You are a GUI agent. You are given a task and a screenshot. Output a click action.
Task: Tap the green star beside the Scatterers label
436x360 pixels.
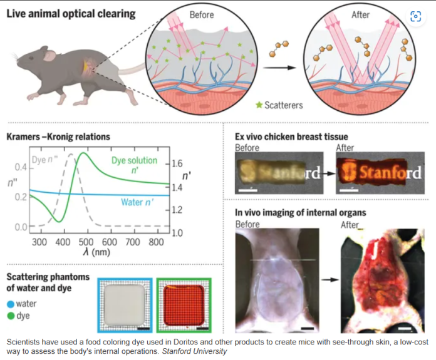click(x=259, y=105)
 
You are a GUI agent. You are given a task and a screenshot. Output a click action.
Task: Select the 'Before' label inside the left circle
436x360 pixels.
click(x=202, y=15)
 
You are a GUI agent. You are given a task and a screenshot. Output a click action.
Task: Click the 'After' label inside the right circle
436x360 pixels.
click(x=360, y=15)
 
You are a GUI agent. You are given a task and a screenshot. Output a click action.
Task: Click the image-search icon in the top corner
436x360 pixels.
click(x=416, y=16)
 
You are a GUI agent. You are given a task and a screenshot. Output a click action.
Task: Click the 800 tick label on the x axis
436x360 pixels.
click(x=156, y=242)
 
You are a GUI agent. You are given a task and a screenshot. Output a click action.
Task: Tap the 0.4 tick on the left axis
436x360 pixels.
click(x=21, y=167)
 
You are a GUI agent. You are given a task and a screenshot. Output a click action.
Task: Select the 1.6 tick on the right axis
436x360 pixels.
click(x=177, y=163)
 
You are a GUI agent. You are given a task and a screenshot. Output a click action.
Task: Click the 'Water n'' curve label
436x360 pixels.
click(x=137, y=202)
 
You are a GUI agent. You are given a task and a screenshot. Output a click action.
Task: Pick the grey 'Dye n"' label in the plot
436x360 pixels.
click(x=44, y=160)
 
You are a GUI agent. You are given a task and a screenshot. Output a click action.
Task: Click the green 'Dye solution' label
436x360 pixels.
click(x=134, y=160)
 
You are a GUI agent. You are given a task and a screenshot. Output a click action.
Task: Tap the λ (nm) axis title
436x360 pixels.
click(x=96, y=252)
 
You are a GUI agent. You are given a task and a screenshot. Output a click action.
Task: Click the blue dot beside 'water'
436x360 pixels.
click(x=11, y=304)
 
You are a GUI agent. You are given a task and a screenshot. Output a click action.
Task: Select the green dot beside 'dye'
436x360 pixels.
click(x=11, y=316)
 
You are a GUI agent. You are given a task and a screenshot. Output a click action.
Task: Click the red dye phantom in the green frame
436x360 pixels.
click(x=184, y=305)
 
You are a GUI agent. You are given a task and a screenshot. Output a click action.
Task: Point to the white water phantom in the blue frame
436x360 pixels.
click(x=125, y=305)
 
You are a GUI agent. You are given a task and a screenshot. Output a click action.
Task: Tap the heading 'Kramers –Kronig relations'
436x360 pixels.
click(x=58, y=136)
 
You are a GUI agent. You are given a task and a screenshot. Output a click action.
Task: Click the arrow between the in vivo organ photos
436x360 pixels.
click(x=330, y=280)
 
